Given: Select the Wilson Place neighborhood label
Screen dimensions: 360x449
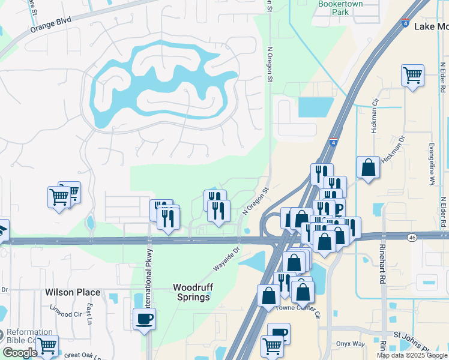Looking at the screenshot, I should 73,292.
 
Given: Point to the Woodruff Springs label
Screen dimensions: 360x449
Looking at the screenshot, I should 193,292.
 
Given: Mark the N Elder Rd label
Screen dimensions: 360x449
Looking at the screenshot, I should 443,213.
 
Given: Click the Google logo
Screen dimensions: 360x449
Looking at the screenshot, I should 19,353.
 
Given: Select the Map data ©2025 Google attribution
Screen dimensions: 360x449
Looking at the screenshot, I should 412,355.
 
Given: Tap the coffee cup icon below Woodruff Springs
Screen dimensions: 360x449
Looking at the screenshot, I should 145,318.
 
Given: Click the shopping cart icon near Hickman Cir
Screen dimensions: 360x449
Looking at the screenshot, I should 412,76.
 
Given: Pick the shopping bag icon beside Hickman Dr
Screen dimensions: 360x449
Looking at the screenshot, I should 368,168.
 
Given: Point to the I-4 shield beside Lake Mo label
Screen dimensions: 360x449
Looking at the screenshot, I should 407,24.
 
